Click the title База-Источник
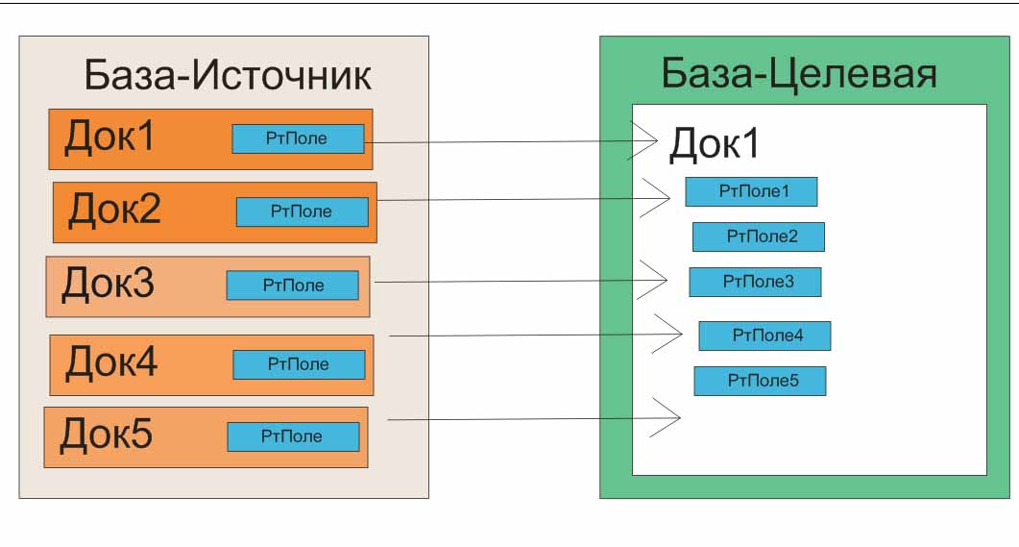(x=228, y=74)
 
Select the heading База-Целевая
(x=798, y=72)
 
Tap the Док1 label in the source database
(x=109, y=137)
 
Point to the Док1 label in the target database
(x=714, y=143)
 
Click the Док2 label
(x=113, y=209)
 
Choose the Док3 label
(x=108, y=284)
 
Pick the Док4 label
(x=111, y=362)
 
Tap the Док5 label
(x=106, y=435)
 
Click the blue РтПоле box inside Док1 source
(x=298, y=138)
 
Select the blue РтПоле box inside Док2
(x=302, y=211)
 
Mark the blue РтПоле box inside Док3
(x=292, y=286)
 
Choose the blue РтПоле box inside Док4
(x=299, y=364)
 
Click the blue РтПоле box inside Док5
(x=293, y=436)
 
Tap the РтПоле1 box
(x=751, y=191)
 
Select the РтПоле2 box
(x=759, y=236)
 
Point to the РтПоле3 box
(x=755, y=282)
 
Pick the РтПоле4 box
(x=764, y=336)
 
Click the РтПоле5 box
(x=760, y=381)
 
